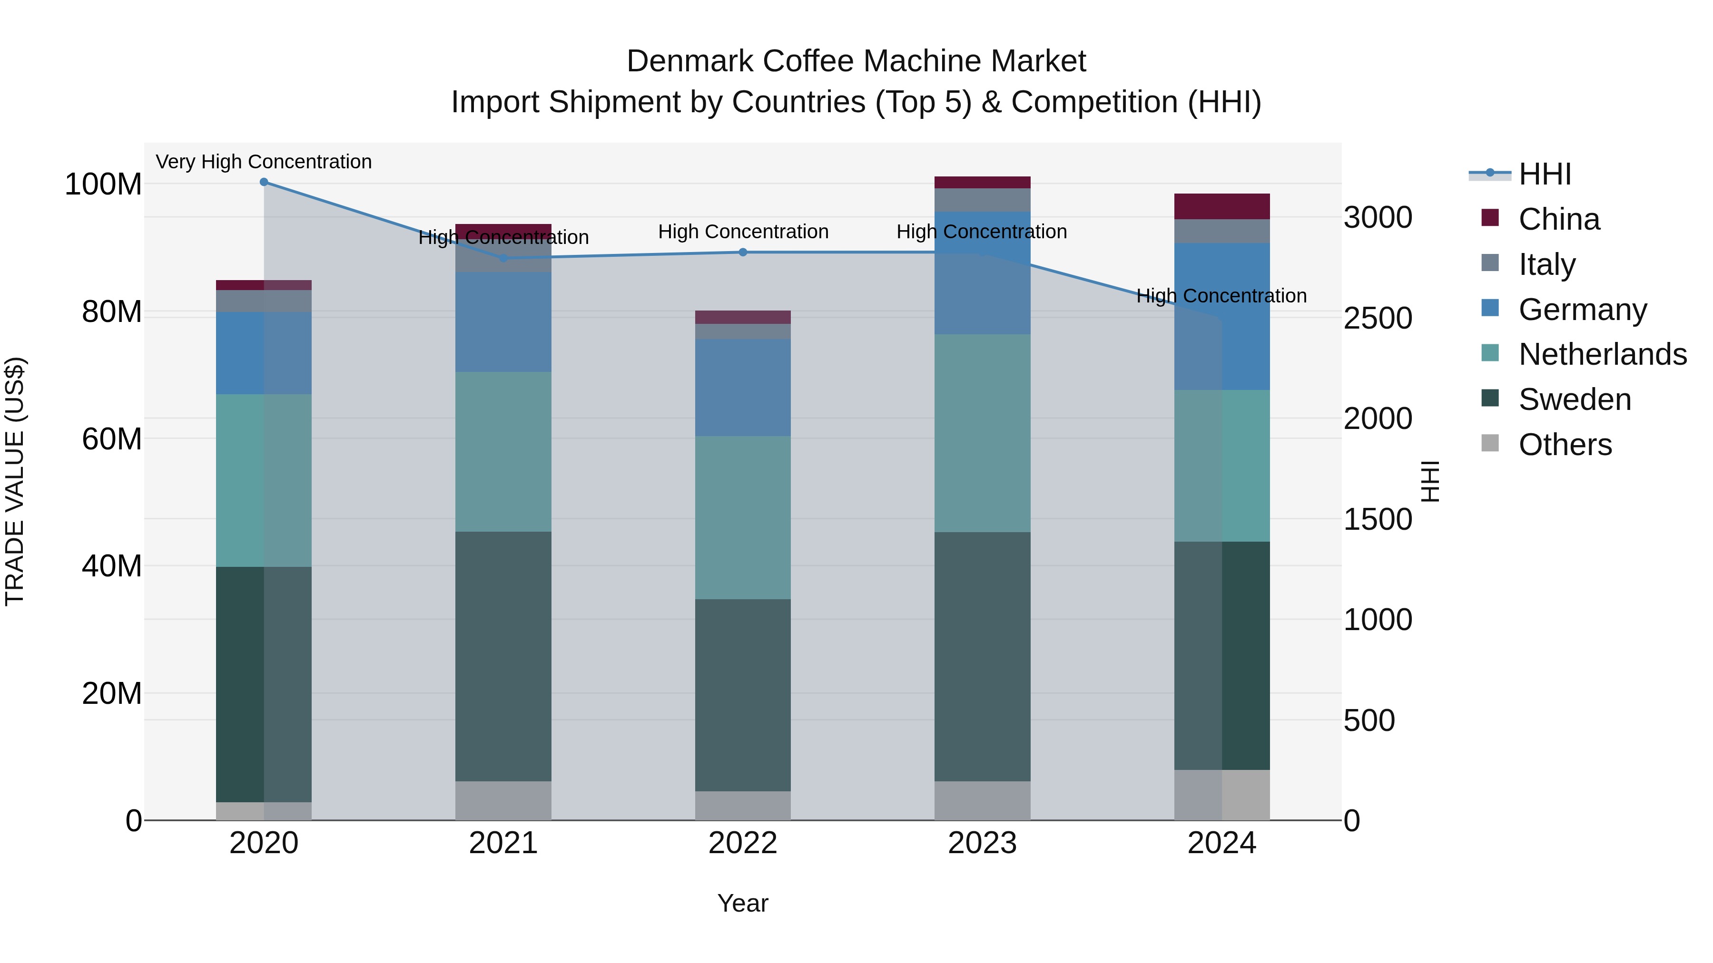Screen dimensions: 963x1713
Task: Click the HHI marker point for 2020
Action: (264, 182)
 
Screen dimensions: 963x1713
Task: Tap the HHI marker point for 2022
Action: (743, 253)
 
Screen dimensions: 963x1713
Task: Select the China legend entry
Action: (1558, 219)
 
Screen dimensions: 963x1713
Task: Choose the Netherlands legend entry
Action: (1601, 355)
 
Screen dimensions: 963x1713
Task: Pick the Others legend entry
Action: (1564, 445)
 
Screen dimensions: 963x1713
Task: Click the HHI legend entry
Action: (1544, 174)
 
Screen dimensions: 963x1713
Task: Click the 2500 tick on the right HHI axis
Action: (1377, 318)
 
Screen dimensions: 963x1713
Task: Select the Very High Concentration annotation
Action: (264, 162)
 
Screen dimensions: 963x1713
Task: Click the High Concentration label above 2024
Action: (1221, 296)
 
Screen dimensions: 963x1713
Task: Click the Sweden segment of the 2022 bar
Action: (743, 694)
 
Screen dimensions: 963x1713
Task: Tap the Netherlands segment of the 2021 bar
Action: (503, 452)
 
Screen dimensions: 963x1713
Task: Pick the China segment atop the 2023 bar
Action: (982, 183)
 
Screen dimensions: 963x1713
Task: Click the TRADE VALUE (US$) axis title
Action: (15, 481)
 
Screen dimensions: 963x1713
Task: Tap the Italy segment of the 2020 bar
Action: (264, 301)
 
